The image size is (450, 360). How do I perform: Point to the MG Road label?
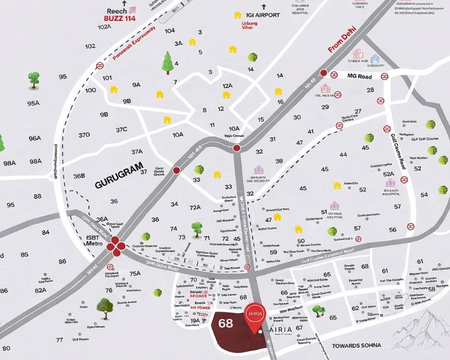coord(360,76)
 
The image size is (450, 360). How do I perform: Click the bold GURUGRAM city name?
coord(119,167)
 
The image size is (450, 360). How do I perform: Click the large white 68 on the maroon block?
coord(226,324)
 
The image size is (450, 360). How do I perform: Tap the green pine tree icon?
coord(167,61)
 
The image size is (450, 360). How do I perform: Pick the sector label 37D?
coord(84,135)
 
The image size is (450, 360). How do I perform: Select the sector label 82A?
coord(40,290)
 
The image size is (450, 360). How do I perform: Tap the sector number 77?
coord(59,340)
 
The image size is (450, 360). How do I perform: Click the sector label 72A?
coord(194,207)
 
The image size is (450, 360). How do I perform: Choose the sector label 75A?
coord(135,274)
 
